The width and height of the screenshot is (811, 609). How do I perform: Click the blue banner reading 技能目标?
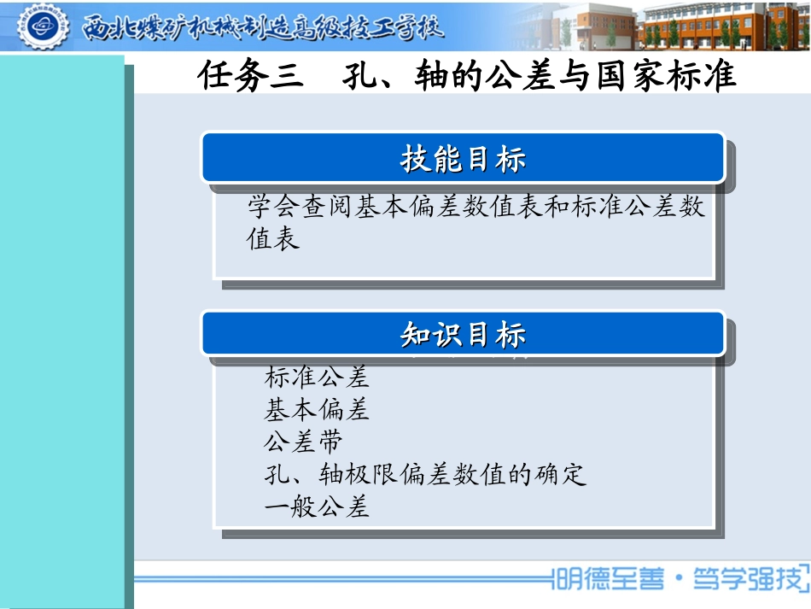tap(463, 158)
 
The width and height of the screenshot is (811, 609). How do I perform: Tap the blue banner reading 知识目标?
tap(463, 335)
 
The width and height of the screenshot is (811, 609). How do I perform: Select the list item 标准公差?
tap(317, 376)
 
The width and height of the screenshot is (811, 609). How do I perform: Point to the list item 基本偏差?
tap(317, 409)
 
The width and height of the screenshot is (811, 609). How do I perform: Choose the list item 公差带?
tap(304, 442)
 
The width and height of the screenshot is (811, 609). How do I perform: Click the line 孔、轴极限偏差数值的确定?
tap(425, 474)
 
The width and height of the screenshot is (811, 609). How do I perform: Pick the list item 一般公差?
tap(317, 507)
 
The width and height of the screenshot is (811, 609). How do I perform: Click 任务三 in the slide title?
tap(251, 77)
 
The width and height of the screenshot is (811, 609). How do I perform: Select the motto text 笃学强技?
tap(753, 580)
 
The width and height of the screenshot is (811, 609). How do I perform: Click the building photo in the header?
tap(657, 26)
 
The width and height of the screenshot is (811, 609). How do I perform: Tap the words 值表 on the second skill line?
tap(274, 239)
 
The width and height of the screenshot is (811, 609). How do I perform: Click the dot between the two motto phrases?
tap(679, 582)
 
